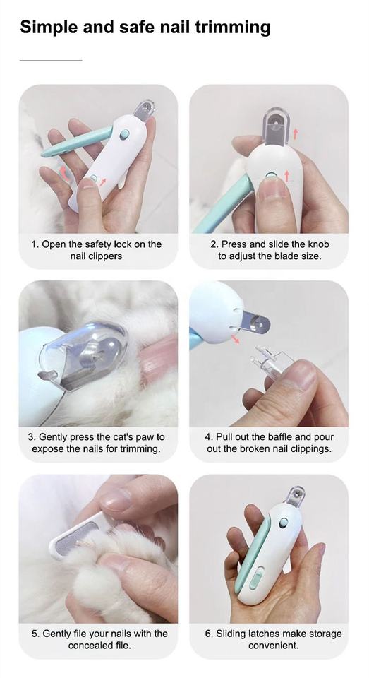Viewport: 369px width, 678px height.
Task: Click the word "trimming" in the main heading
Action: coord(232,28)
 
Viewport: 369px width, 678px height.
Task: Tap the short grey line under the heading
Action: coord(51,61)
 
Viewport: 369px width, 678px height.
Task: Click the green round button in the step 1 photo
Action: coord(125,134)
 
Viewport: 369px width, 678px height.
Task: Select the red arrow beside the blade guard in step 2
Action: coord(295,134)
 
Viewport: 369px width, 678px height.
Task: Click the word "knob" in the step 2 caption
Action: coord(317,244)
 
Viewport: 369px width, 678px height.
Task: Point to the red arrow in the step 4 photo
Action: coord(235,340)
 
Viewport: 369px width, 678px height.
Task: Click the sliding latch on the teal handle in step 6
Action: coord(256,579)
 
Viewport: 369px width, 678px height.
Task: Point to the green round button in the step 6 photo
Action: coord(284,523)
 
